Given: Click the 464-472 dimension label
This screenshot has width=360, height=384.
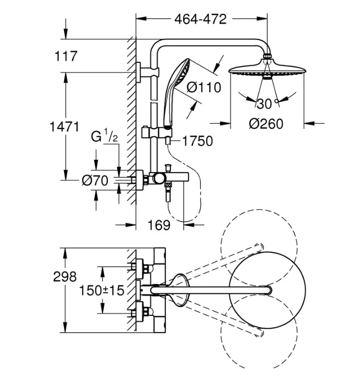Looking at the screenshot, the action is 200,19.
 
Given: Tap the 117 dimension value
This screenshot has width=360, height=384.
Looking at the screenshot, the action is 66,56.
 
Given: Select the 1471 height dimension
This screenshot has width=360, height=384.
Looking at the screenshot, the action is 65,127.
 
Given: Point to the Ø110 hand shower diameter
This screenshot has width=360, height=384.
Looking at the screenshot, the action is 204,87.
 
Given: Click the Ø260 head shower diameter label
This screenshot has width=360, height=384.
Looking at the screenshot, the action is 266,124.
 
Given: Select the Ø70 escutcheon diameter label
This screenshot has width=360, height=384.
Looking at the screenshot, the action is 95,181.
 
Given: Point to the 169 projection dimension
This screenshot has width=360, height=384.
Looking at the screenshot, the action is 159,225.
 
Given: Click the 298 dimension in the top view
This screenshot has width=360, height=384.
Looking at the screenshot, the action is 65,277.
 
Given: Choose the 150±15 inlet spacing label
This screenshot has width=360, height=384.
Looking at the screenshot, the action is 102,290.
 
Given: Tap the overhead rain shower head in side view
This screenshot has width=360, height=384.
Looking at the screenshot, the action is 267,70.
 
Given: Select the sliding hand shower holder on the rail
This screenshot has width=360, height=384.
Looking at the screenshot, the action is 157,133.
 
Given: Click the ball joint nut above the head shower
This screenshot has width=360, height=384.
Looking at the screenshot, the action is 267,56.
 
